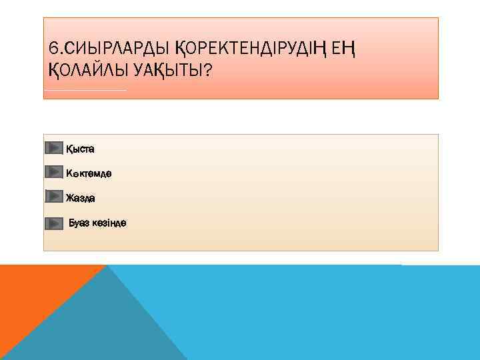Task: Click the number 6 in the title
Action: tap(53, 48)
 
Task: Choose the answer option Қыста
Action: tap(80, 149)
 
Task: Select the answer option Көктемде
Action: tap(89, 173)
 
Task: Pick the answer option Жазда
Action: tap(80, 198)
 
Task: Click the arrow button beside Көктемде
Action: tap(54, 172)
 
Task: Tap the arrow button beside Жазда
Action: tap(54, 196)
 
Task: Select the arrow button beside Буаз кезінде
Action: tap(54, 223)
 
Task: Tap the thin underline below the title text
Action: tap(85, 90)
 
